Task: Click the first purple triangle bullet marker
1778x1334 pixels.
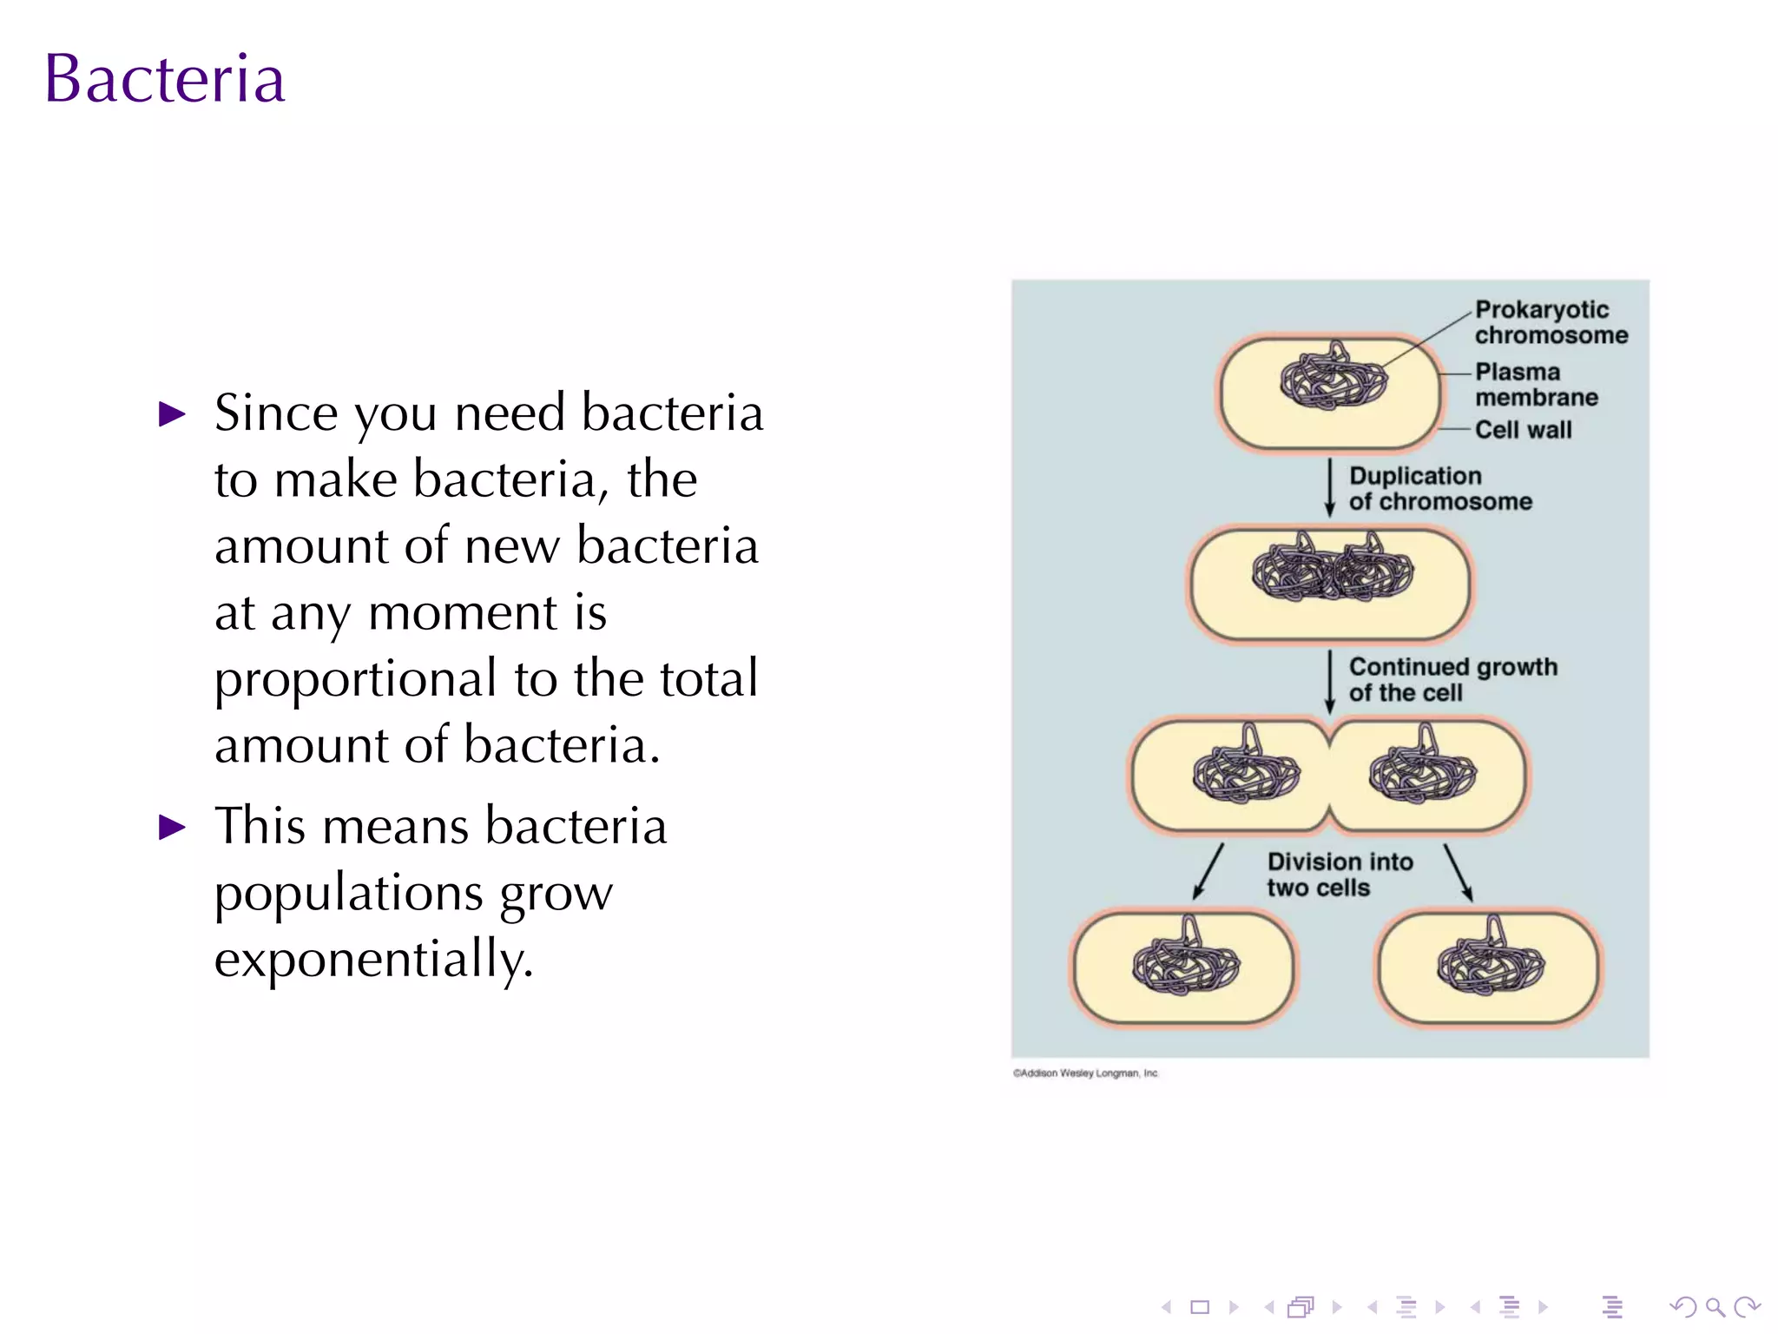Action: pos(173,414)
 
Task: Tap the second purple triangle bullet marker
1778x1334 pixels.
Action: pos(173,827)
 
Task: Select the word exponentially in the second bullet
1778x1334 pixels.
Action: pos(373,960)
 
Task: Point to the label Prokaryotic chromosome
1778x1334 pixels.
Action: pos(1550,322)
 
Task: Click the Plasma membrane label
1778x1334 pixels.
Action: pos(1535,384)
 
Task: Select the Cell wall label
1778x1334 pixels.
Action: pos(1523,430)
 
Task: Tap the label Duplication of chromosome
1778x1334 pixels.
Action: pos(1439,488)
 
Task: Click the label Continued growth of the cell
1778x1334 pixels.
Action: pos(1452,679)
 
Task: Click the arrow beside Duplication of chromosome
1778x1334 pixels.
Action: pos(1329,488)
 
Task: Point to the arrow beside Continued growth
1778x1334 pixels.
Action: pos(1329,682)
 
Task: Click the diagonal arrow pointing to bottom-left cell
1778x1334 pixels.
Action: pos(1208,871)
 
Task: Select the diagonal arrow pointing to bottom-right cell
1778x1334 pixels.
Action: pos(1459,872)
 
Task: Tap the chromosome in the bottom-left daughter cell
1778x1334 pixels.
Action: pos(1185,964)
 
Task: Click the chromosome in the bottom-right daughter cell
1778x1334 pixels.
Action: pos(1491,964)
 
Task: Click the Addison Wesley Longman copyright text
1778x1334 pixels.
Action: pos(1084,1073)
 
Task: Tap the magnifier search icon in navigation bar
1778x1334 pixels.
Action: pos(1714,1307)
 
